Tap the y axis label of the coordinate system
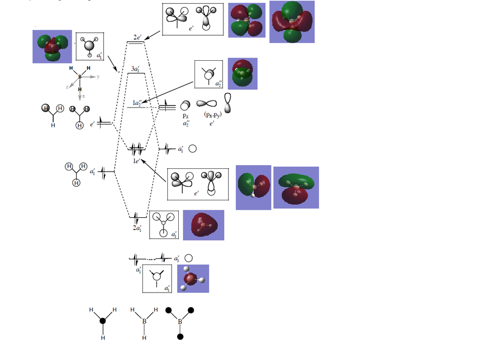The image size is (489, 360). click(x=98, y=77)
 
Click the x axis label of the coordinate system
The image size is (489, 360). click(x=83, y=96)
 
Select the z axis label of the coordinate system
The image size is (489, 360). click(x=67, y=86)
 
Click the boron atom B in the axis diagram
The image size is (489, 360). click(x=80, y=77)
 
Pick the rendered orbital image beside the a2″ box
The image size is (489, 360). click(x=242, y=73)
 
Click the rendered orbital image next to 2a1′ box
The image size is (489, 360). click(x=203, y=225)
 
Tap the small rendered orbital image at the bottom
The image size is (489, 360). click(x=193, y=279)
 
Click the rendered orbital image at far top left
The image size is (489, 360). click(x=52, y=46)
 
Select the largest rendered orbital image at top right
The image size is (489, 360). click(x=292, y=22)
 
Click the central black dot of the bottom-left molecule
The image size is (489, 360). click(x=103, y=321)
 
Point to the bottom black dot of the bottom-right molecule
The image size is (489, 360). click(x=180, y=337)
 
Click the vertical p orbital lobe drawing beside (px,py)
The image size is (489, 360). click(x=228, y=104)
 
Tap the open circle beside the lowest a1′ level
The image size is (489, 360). click(x=189, y=258)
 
